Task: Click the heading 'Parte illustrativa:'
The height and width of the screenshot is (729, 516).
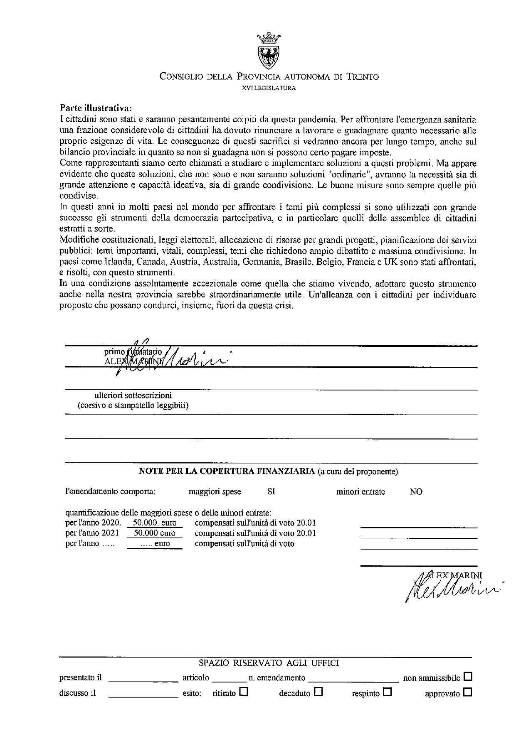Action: pyautogui.click(x=96, y=108)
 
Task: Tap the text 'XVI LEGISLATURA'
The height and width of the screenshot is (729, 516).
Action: pyautogui.click(x=268, y=88)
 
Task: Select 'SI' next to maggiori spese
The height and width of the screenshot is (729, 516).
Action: pyautogui.click(x=271, y=492)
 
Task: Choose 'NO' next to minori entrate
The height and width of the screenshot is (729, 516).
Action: pyautogui.click(x=416, y=492)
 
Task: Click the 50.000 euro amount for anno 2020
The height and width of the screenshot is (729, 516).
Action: pyautogui.click(x=154, y=523)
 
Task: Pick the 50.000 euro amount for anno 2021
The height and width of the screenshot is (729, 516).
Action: pyautogui.click(x=154, y=533)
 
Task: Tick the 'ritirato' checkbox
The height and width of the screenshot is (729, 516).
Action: pyautogui.click(x=244, y=692)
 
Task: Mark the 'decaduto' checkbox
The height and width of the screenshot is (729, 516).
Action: pyautogui.click(x=318, y=692)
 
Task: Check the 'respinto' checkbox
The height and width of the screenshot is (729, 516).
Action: pyautogui.click(x=388, y=692)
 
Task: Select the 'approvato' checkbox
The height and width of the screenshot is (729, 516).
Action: pyautogui.click(x=468, y=692)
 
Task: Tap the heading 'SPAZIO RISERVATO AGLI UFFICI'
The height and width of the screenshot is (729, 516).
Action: pyautogui.click(x=269, y=663)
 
